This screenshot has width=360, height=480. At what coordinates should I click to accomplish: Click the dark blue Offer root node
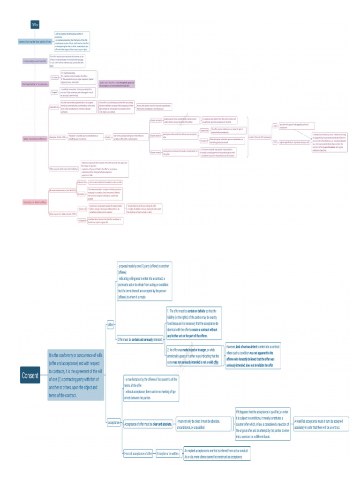point(35,24)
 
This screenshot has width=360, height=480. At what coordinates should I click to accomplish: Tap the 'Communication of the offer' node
point(35,61)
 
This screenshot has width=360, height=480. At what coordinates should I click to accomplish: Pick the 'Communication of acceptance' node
point(36,84)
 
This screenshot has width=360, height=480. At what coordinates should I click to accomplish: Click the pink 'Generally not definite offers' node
point(35,202)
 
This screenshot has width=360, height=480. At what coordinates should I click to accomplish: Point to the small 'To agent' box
point(54,92)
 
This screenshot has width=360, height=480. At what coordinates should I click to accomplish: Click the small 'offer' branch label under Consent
point(111,324)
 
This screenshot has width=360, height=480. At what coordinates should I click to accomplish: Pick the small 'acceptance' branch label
point(114,422)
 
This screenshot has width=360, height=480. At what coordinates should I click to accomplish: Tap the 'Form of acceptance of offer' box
point(138,454)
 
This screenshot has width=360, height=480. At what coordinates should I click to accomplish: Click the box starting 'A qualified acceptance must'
point(321,424)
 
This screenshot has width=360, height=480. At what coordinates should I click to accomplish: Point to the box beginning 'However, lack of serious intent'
point(253,355)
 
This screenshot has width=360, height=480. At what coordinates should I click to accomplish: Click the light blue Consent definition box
point(75,375)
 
